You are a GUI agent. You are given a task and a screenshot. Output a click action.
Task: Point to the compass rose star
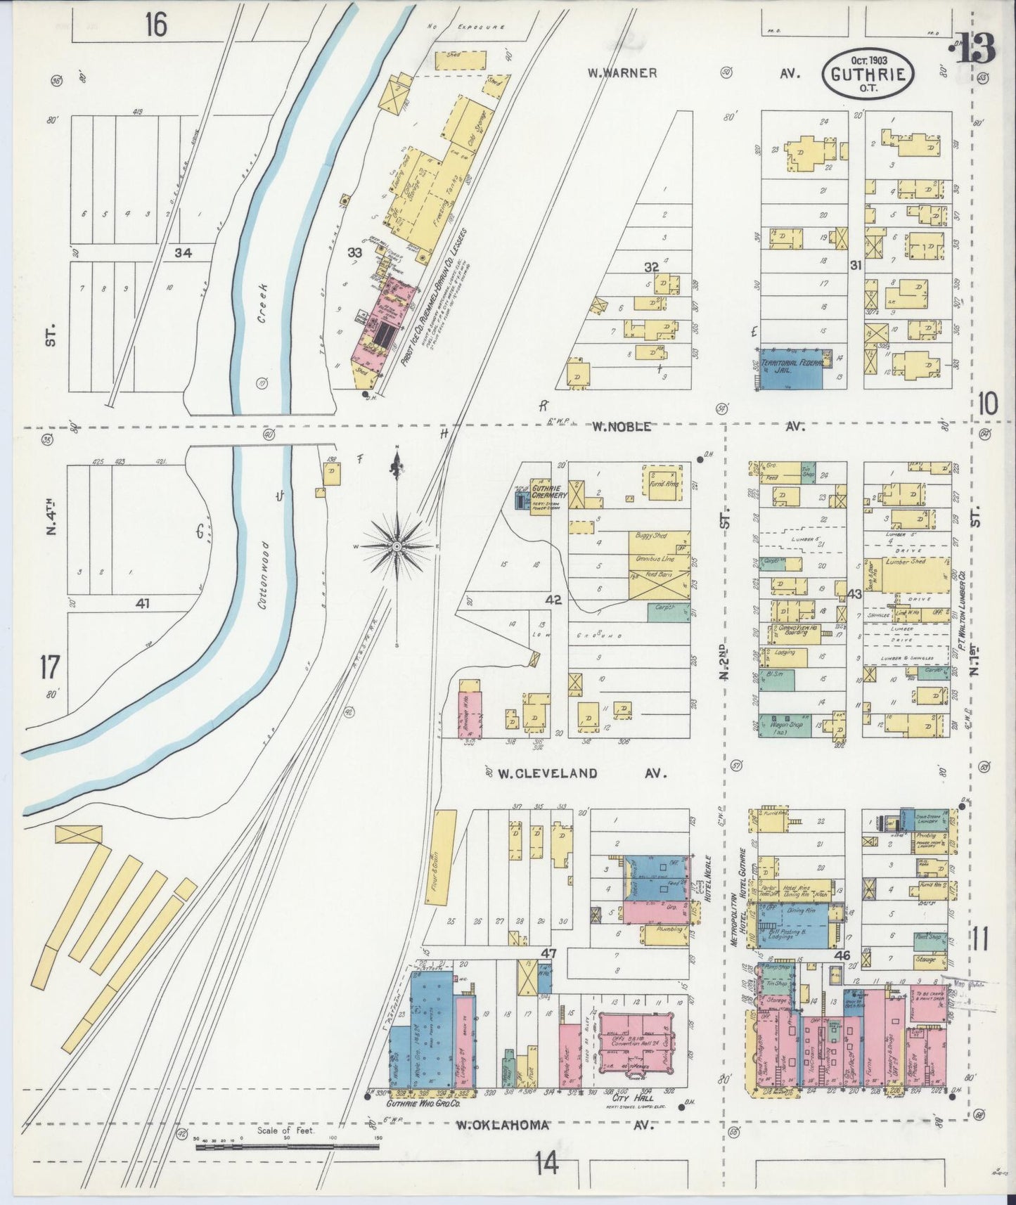397,545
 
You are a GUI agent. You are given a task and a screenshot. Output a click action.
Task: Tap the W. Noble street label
621,426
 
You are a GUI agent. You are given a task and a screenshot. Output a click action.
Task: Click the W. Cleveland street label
548,773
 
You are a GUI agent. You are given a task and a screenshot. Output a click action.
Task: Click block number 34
184,252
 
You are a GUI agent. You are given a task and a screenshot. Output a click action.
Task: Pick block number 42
553,600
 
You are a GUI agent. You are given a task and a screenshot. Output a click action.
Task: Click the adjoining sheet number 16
156,25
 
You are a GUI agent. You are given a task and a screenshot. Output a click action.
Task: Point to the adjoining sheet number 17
50,666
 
